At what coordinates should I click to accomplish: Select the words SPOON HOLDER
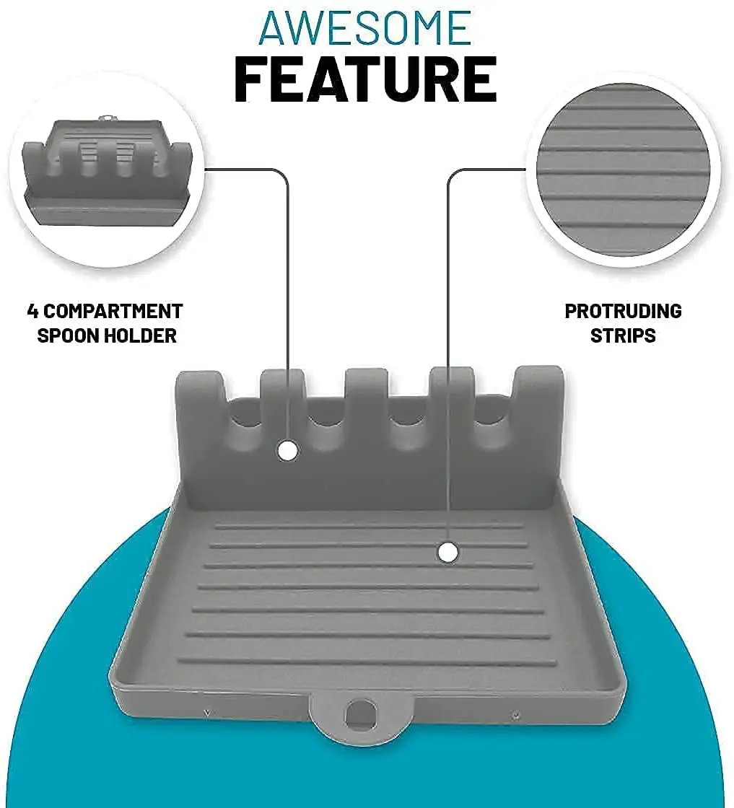pyautogui.click(x=107, y=335)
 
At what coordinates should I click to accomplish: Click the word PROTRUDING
pyautogui.click(x=623, y=312)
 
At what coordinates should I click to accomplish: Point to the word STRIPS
pyautogui.click(x=623, y=335)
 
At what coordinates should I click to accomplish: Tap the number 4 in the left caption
pyautogui.click(x=32, y=312)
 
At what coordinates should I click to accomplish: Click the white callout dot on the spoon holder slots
pyautogui.click(x=288, y=451)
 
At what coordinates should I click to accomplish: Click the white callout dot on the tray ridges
pyautogui.click(x=448, y=553)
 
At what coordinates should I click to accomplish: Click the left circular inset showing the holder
pyautogui.click(x=107, y=170)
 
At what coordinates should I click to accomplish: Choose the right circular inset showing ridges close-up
pyautogui.click(x=624, y=170)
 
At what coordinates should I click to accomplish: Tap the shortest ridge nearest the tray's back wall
pyautogui.click(x=368, y=525)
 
